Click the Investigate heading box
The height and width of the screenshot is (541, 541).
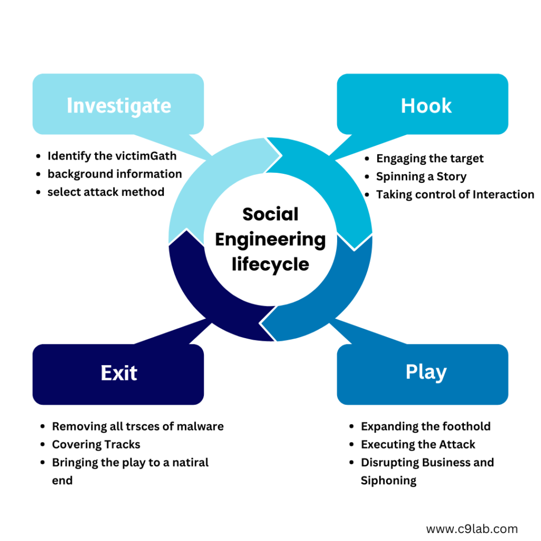[x=118, y=105]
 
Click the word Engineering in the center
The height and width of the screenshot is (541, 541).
[x=270, y=239]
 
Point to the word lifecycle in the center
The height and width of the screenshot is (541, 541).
[x=270, y=264]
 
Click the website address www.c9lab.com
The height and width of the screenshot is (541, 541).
[x=471, y=528]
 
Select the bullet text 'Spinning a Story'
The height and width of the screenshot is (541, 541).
[x=421, y=176]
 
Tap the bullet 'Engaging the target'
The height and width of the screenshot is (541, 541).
[x=430, y=158]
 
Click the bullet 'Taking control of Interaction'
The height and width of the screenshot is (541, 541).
[x=455, y=194]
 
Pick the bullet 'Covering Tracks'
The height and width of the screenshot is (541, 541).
[x=96, y=444]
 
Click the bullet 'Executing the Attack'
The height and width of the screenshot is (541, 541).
[x=418, y=444]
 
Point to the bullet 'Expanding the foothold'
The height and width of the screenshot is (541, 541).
[x=426, y=426]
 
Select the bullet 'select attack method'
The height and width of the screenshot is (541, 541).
[x=106, y=192]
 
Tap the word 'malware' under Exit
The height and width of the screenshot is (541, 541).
[x=201, y=426]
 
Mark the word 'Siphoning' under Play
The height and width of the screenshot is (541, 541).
[x=388, y=480]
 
